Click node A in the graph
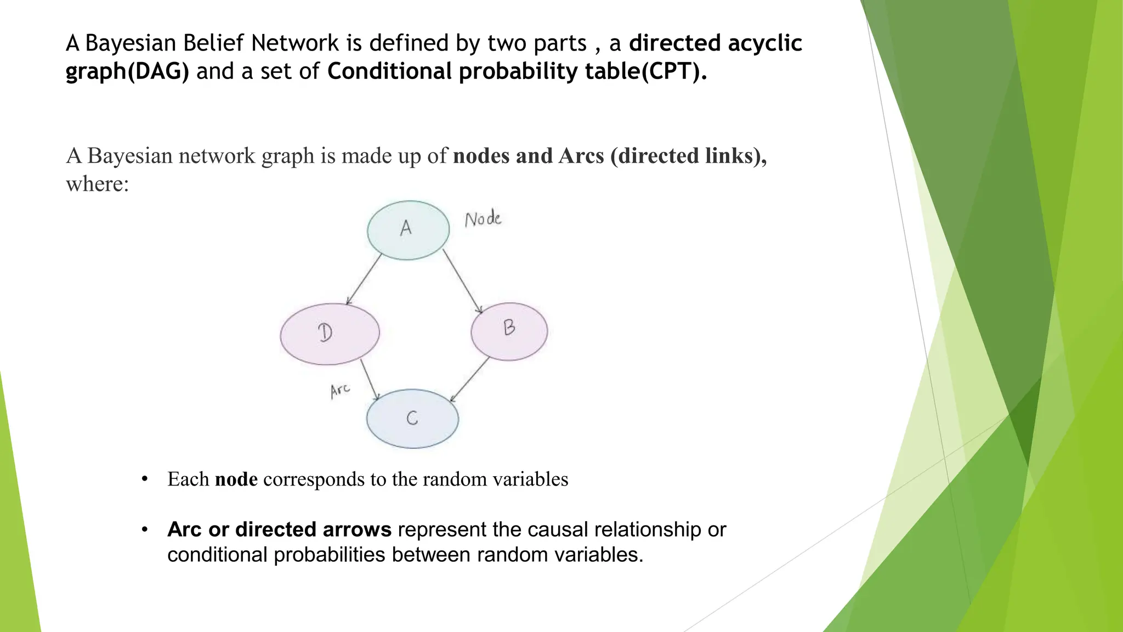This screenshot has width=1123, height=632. tap(408, 230)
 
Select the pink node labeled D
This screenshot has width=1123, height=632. tap(330, 334)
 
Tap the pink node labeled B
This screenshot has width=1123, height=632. tap(509, 331)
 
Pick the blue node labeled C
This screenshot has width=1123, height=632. tap(412, 419)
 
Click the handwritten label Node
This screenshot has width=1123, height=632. tap(483, 219)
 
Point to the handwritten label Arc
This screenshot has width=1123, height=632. tap(340, 391)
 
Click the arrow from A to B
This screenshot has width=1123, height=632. tap(462, 281)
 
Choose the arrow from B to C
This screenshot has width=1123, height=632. tap(469, 380)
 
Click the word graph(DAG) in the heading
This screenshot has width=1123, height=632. tap(127, 72)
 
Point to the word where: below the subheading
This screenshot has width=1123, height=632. tap(98, 184)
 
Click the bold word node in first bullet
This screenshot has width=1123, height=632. tap(236, 479)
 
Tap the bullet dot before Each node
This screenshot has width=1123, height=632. tap(145, 479)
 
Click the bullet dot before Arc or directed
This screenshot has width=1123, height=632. tap(145, 530)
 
